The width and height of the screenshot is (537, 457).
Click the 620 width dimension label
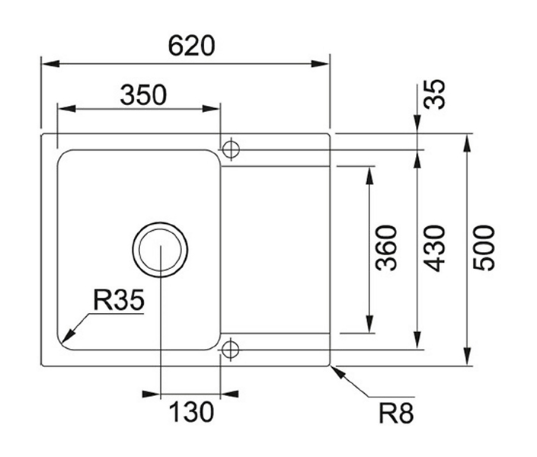(x=191, y=45)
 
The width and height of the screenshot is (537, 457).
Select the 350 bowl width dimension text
(x=143, y=95)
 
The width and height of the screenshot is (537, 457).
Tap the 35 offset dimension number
(x=435, y=94)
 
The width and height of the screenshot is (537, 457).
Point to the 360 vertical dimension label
(x=386, y=248)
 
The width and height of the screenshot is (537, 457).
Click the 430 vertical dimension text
(x=434, y=248)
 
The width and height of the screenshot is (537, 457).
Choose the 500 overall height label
(x=484, y=248)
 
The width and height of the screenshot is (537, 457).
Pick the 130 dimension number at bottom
(x=191, y=412)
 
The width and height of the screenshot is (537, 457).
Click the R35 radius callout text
(x=119, y=300)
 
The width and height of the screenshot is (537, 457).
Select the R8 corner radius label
(x=396, y=413)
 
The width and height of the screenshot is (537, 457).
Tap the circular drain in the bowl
(x=160, y=249)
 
